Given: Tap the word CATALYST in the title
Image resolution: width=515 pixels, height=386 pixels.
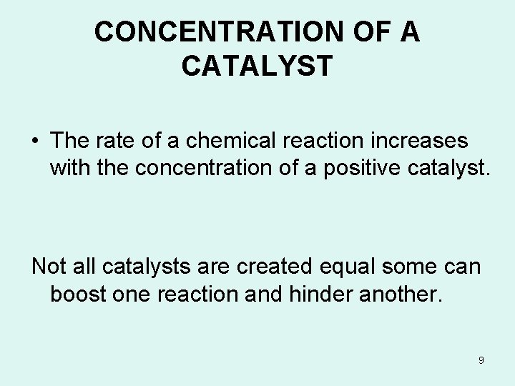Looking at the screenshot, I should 257,66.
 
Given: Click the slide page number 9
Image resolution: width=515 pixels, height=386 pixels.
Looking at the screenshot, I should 481,360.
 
